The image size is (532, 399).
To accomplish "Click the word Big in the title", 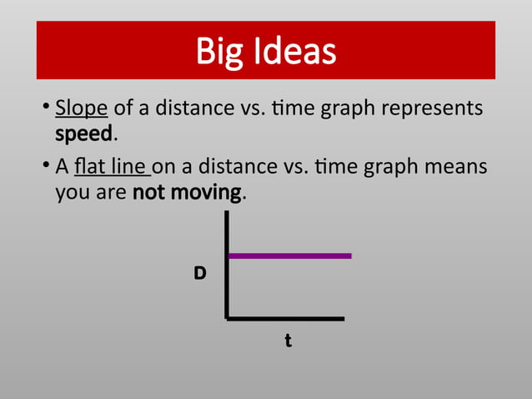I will (216, 51).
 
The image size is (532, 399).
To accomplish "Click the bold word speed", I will (83, 134).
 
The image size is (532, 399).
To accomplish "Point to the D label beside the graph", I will (200, 273).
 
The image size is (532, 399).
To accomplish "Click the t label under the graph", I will (288, 341).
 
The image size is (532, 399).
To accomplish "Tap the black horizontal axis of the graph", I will (284, 318).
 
